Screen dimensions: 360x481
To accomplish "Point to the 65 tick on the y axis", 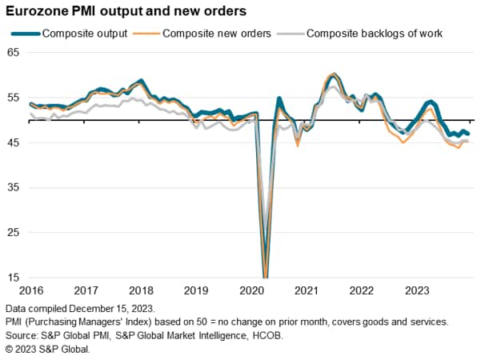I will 12,52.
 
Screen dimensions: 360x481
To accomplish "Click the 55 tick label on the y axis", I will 12,97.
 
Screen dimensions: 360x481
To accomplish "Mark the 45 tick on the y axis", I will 12,142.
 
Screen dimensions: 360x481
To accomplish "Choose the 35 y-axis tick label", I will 12,187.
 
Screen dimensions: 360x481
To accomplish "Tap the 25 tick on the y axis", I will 12,233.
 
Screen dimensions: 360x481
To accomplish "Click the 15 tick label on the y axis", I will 12,278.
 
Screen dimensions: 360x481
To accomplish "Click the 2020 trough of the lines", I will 265,274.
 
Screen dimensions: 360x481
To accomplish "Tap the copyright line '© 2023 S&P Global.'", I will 48,349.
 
